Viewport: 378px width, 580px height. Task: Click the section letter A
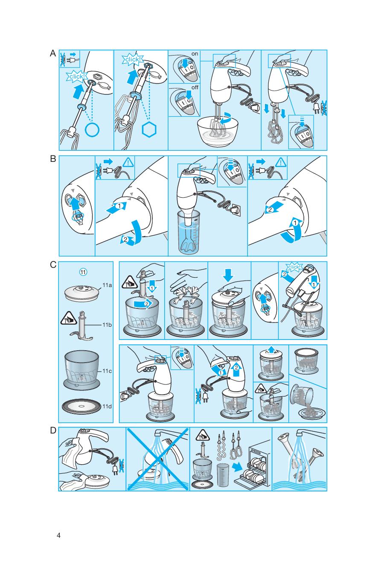pyautogui.click(x=53, y=53)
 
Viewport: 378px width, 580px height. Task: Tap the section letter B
pyautogui.click(x=53, y=159)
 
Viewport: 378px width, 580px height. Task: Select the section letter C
pyautogui.click(x=53, y=265)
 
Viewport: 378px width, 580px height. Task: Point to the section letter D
pyautogui.click(x=53, y=430)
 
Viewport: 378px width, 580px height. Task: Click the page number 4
pyautogui.click(x=59, y=536)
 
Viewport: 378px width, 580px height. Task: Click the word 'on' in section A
pyautogui.click(x=195, y=54)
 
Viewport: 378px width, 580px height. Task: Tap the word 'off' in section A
pyautogui.click(x=195, y=87)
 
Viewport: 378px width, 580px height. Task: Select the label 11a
pyautogui.click(x=107, y=285)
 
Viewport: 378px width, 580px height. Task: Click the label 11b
pyautogui.click(x=107, y=325)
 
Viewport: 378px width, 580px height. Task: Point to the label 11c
pyautogui.click(x=107, y=371)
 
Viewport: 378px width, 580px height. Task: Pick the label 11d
pyautogui.click(x=107, y=406)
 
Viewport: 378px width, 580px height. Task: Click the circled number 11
pyautogui.click(x=84, y=272)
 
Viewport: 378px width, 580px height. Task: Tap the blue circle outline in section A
pyautogui.click(x=92, y=129)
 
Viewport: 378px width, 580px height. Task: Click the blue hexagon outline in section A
pyautogui.click(x=149, y=130)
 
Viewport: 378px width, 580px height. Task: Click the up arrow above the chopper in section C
pyautogui.click(x=271, y=349)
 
